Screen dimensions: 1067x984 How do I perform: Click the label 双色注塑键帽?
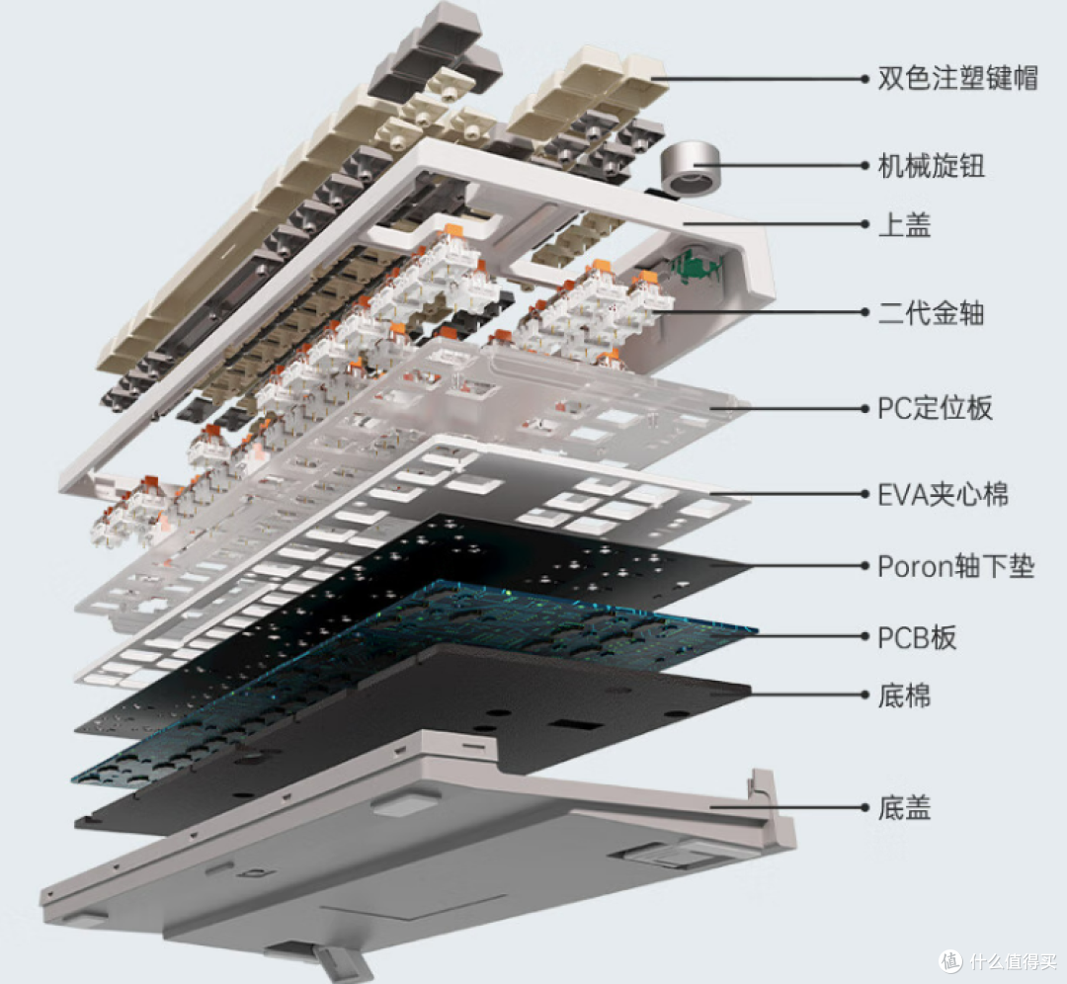[957, 78]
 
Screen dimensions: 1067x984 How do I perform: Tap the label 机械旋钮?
[931, 165]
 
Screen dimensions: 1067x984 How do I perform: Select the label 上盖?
[904, 224]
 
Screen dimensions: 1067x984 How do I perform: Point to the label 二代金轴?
[931, 313]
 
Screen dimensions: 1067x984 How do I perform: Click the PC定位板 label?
[935, 408]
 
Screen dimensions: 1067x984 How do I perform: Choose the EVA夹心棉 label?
[944, 495]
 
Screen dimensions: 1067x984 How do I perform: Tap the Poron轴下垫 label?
[956, 566]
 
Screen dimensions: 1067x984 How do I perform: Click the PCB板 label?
[917, 637]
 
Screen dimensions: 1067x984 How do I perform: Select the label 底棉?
[904, 696]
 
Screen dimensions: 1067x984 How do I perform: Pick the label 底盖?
[904, 808]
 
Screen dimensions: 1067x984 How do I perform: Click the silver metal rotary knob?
[689, 167]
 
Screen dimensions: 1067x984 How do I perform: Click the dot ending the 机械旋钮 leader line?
[864, 165]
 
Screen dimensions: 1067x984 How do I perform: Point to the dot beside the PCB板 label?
[864, 637]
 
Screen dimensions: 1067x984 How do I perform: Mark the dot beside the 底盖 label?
[864, 808]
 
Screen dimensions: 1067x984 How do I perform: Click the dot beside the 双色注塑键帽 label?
[864, 79]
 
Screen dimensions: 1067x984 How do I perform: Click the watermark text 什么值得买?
[1013, 961]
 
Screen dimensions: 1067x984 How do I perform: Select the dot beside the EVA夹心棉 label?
[864, 494]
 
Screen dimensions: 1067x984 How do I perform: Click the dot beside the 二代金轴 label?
[864, 312]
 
